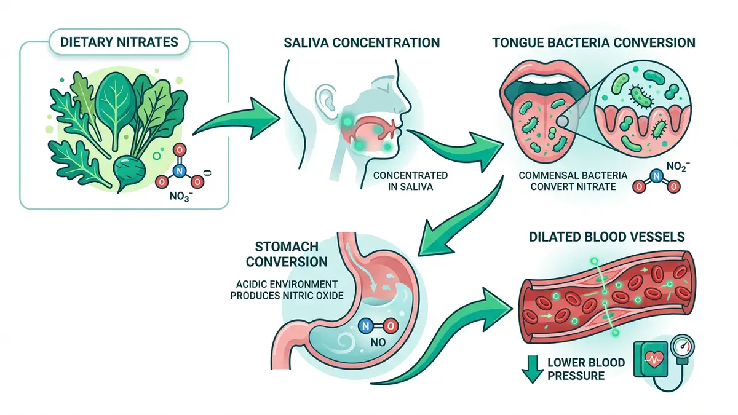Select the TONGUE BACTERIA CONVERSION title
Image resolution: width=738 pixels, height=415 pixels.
[594, 42]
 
